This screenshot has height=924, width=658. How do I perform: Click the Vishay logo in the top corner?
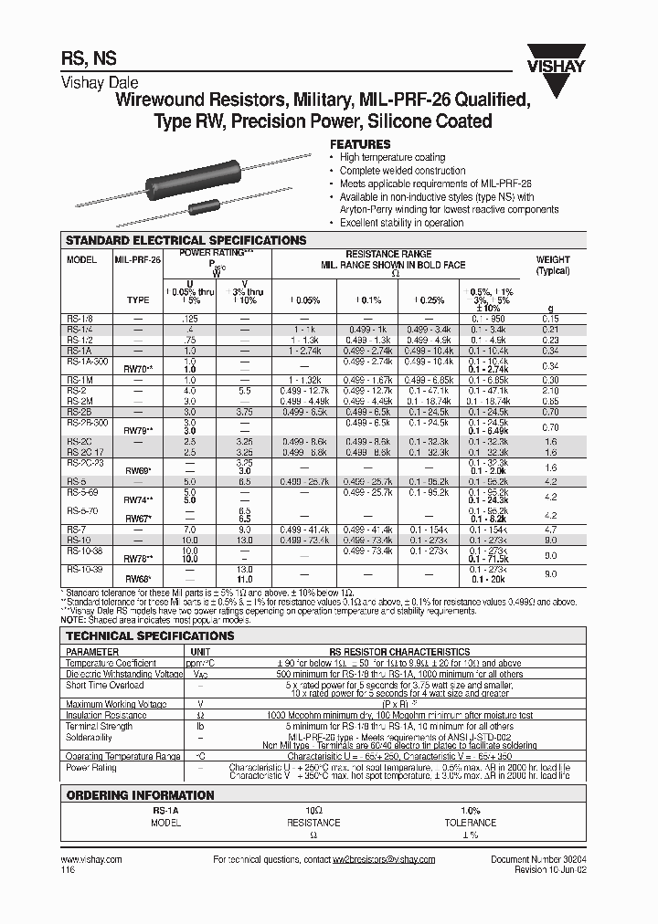(x=568, y=70)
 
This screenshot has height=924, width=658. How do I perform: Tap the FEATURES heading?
(x=360, y=144)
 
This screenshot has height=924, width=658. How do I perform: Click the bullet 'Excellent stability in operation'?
(x=401, y=223)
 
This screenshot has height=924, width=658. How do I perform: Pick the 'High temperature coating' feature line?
(x=392, y=158)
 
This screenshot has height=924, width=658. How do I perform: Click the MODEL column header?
(x=81, y=260)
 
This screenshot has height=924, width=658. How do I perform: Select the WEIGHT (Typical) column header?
(x=552, y=265)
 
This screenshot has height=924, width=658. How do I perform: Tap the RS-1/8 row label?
(x=80, y=318)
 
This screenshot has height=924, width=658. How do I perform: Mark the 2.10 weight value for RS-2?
(x=550, y=390)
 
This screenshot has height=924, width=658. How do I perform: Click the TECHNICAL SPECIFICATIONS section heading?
(x=151, y=635)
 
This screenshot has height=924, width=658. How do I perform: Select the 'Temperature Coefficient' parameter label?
(x=111, y=664)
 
